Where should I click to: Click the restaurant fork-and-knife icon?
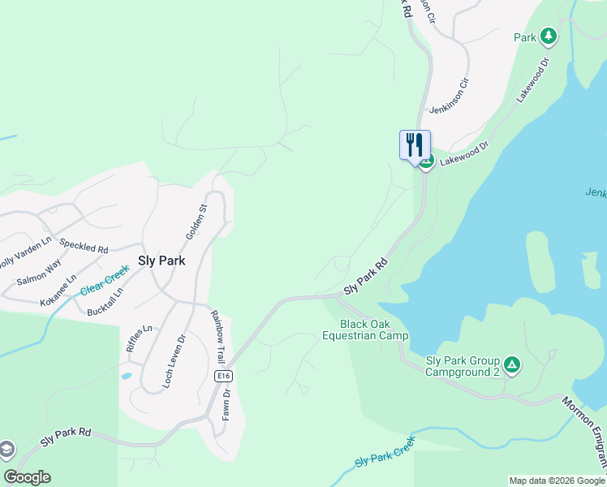tap(415, 144)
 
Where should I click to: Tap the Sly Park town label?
tap(161, 261)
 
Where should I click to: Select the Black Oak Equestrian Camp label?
tap(365, 330)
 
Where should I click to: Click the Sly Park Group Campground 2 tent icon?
tap(512, 364)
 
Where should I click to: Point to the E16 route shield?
tap(224, 377)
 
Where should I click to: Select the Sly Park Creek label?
tap(385, 453)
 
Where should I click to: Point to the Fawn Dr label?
tap(227, 406)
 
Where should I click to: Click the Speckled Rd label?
tap(84, 247)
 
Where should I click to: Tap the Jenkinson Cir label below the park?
tap(450, 95)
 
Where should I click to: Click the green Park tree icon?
tap(549, 37)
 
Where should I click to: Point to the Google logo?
tap(27, 477)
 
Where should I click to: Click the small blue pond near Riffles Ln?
tap(125, 376)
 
